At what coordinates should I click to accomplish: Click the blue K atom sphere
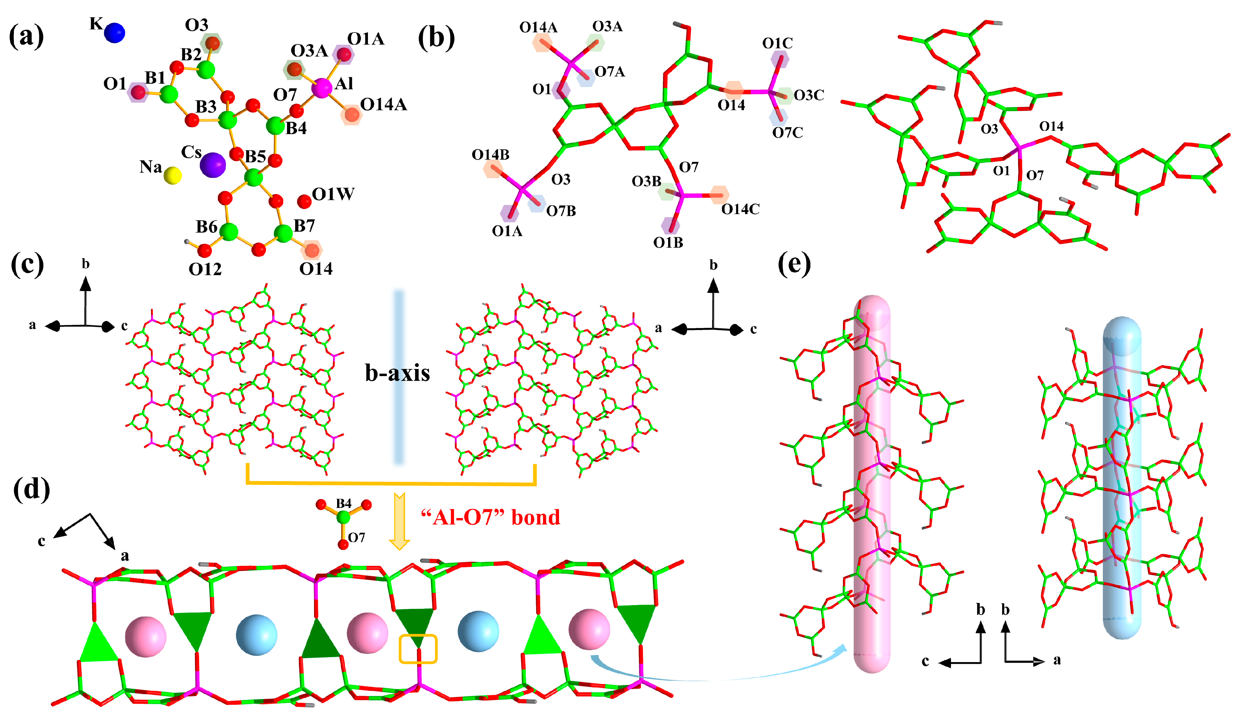pos(115,33)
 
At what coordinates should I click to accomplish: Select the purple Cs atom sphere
pos(212,165)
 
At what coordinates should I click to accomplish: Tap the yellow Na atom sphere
pos(172,176)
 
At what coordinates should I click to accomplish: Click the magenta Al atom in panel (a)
pos(322,88)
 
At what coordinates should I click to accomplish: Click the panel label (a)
pos(27,38)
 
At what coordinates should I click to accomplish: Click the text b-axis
pos(397,373)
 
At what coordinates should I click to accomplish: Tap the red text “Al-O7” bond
pos(490,517)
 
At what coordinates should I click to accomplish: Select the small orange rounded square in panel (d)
pos(418,649)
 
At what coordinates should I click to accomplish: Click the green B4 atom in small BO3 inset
pos(344,517)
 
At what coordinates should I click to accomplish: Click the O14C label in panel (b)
pos(740,209)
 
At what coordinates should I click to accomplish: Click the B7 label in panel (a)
pos(304,226)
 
